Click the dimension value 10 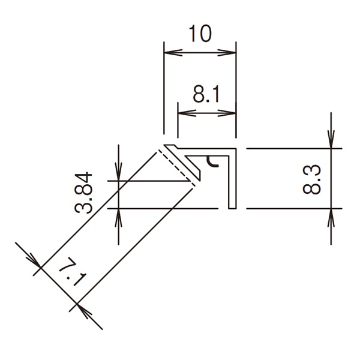200,34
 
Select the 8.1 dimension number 206,94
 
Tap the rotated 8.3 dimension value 311,179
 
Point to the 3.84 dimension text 83,193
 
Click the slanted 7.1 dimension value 73,272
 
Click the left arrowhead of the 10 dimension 173,53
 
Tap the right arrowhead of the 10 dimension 227,53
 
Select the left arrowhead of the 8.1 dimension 187,113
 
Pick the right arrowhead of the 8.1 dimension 227,113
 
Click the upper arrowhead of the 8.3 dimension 331,139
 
